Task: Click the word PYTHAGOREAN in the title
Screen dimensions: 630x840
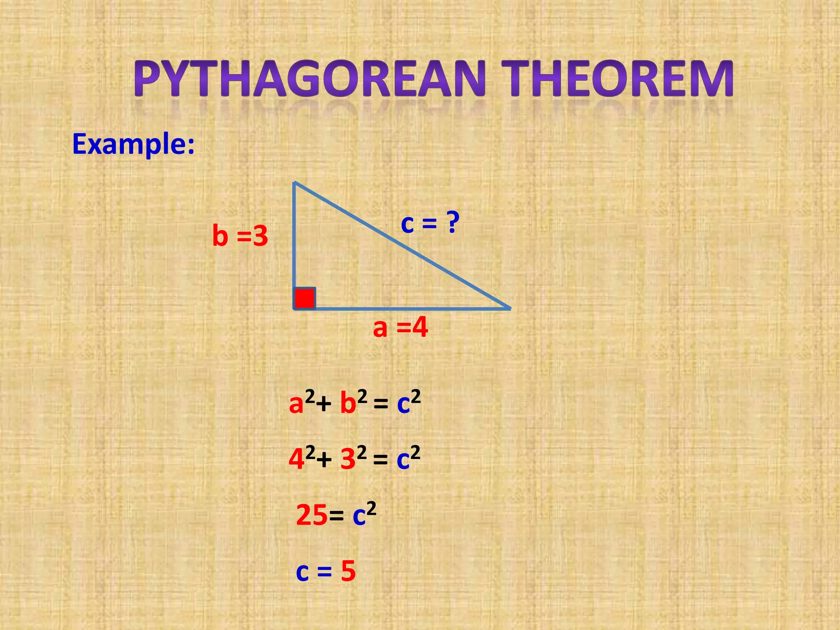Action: tap(310, 79)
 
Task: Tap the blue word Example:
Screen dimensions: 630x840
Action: tap(133, 144)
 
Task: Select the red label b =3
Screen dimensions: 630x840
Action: tap(240, 236)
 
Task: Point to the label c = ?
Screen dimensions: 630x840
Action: tap(430, 224)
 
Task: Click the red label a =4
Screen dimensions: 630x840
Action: tap(400, 328)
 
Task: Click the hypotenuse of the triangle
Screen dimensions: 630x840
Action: tap(402, 245)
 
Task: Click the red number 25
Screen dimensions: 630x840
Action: tap(312, 515)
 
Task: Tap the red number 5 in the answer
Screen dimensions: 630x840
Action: tap(348, 571)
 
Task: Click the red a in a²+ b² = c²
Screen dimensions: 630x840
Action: tap(296, 404)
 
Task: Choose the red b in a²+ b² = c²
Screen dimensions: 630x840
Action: tap(348, 403)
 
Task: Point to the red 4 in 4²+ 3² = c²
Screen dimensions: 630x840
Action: tap(296, 459)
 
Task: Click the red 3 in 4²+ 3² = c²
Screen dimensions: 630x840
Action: tap(348, 459)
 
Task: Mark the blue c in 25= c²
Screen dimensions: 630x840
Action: tap(359, 517)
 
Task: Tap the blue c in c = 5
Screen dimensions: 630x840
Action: tap(302, 572)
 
